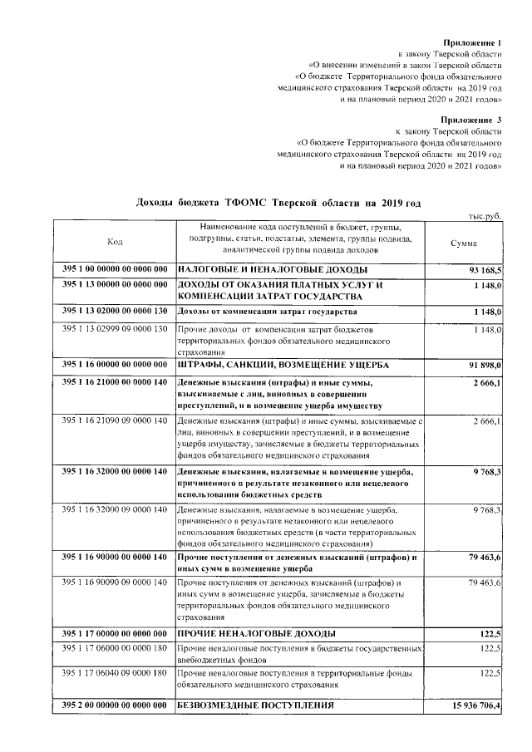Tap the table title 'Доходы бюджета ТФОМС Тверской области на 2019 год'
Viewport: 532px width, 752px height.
278,203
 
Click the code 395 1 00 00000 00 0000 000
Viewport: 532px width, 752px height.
115,271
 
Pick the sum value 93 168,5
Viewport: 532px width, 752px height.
485,271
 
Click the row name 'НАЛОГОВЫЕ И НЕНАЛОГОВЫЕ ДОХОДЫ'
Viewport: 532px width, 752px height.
273,271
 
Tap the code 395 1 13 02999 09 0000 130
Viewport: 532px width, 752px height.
115,330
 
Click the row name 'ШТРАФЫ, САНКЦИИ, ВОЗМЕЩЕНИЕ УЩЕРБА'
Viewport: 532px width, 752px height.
283,365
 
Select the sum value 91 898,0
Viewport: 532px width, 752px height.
485,365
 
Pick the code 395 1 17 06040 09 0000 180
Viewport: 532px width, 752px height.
115,672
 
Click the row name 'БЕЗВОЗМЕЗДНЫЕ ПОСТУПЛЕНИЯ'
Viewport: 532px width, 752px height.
256,705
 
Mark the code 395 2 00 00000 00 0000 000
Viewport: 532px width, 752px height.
115,705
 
